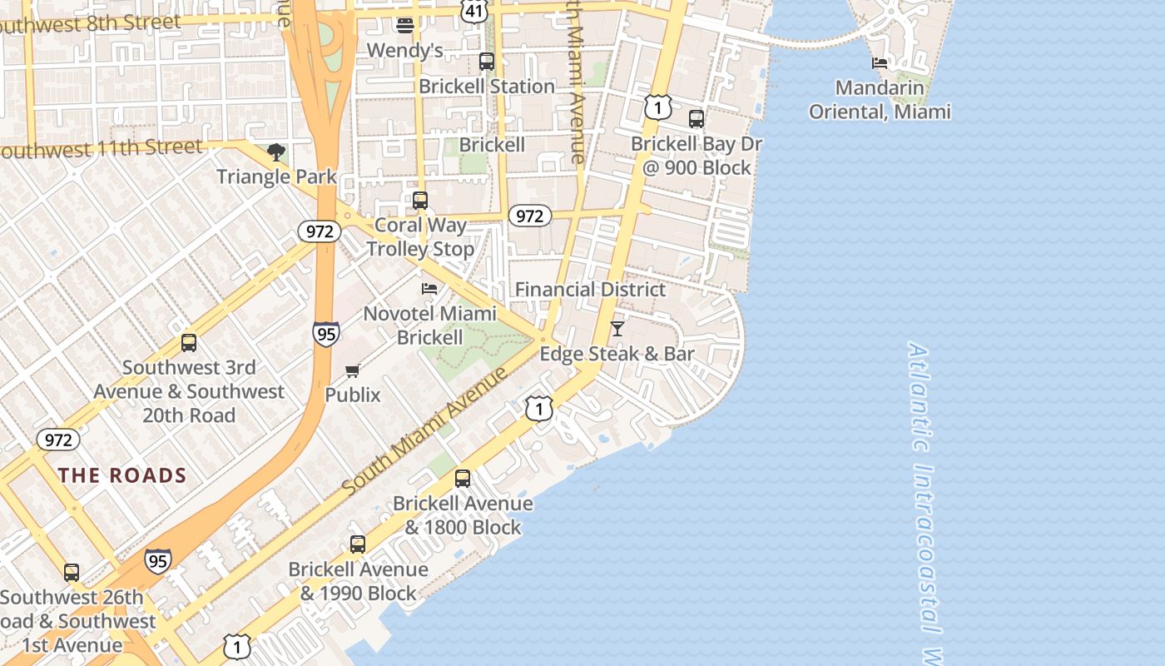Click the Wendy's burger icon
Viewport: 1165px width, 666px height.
point(405,26)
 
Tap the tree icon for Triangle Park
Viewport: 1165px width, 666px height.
point(276,152)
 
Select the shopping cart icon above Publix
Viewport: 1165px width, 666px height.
point(353,371)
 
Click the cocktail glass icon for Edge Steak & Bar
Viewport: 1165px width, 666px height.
point(617,329)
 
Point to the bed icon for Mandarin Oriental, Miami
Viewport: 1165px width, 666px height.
point(880,62)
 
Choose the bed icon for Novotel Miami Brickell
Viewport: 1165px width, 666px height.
point(429,289)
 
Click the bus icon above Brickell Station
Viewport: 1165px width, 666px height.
point(487,62)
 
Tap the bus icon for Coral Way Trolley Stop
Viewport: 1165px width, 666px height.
point(420,201)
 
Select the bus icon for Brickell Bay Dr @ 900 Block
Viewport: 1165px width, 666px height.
point(697,119)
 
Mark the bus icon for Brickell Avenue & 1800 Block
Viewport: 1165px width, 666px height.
point(463,479)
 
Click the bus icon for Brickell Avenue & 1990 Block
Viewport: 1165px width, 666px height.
point(358,544)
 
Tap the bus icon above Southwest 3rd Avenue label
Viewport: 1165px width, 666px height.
point(189,343)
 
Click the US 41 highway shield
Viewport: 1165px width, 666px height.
point(474,12)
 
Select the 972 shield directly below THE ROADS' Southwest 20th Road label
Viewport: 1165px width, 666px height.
point(58,440)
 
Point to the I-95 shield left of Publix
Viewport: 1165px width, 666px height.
point(326,333)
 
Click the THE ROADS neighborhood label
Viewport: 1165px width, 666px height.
point(122,475)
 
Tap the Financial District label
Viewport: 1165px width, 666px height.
point(591,290)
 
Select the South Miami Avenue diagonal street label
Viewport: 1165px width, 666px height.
point(425,430)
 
